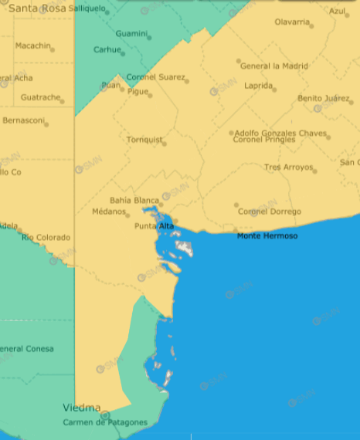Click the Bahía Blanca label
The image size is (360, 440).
pyautogui.click(x=134, y=201)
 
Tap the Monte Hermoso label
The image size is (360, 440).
pyautogui.click(x=267, y=235)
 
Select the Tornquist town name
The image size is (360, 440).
pyautogui.click(x=144, y=140)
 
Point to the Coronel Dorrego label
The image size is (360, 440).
pyautogui.click(x=269, y=212)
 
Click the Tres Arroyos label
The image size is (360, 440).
pyautogui.click(x=288, y=168)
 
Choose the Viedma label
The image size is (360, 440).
pyautogui.click(x=82, y=408)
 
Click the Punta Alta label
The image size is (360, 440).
pyautogui.click(x=154, y=225)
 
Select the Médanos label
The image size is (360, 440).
pyautogui.click(x=108, y=212)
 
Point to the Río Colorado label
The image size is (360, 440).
pyautogui.click(x=46, y=237)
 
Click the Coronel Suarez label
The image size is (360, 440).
pyautogui.click(x=155, y=77)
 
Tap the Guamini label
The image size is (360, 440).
pyautogui.click(x=131, y=34)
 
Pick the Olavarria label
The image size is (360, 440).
pyautogui.click(x=292, y=22)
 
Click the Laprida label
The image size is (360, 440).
pyautogui.click(x=258, y=86)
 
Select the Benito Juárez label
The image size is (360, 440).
pyautogui.click(x=323, y=99)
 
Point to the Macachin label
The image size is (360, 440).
pyautogui.click(x=32, y=46)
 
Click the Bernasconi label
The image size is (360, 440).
pyautogui.click(x=24, y=120)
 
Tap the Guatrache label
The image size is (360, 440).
pyautogui.click(x=40, y=97)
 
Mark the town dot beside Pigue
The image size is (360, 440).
pyautogui.click(x=150, y=96)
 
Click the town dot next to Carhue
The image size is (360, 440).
pyautogui.click(x=122, y=53)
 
